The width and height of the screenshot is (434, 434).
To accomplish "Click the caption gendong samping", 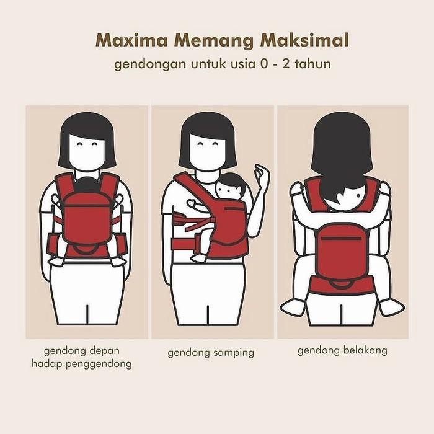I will (211, 353).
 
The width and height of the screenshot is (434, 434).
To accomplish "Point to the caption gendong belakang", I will (342, 350).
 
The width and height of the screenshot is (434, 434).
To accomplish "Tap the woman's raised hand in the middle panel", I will (263, 176).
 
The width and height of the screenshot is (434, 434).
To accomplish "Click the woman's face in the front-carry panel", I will (87, 149).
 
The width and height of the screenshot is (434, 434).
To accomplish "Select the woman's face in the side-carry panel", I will (208, 149).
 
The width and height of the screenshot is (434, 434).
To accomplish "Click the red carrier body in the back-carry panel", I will (342, 251).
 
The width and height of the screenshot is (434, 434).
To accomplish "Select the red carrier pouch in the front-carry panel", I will (87, 217).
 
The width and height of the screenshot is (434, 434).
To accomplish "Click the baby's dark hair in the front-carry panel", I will (87, 185).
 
